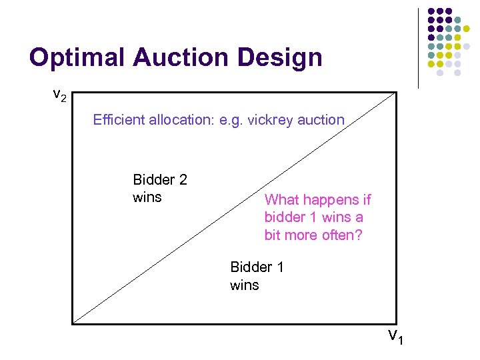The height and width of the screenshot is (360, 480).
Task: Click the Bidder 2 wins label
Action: coord(160,188)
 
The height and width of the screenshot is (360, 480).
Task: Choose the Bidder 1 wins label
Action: coord(257,276)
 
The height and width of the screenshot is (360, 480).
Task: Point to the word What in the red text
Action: coord(281,200)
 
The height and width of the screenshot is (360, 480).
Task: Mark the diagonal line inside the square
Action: coord(233,209)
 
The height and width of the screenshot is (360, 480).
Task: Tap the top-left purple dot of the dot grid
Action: coord(431,12)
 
